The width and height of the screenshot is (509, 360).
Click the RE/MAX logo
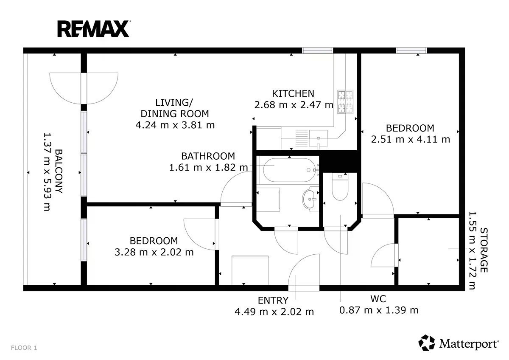tap(94, 29)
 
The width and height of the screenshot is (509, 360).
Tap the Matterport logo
tap(459, 343)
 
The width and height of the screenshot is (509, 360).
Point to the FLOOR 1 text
tap(24, 348)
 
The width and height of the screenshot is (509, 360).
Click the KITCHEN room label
tap(293, 93)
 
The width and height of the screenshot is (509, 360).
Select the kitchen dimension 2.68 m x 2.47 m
tap(294, 105)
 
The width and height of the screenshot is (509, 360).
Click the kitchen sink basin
tap(319, 138)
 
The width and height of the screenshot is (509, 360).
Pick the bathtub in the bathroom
tap(288, 170)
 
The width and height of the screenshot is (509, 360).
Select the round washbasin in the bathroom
tap(310, 199)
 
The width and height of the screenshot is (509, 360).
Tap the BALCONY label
tap(59, 171)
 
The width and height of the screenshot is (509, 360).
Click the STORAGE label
tap(484, 250)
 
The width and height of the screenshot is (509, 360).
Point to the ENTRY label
tap(273, 301)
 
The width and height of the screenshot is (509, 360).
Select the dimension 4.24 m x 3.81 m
tap(175, 125)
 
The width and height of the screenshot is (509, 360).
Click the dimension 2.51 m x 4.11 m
tap(411, 139)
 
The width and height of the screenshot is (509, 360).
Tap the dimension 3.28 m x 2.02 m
tap(154, 252)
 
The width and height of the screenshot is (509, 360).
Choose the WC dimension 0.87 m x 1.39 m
tap(379, 310)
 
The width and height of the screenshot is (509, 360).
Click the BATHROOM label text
tap(208, 156)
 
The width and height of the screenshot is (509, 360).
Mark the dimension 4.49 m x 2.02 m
tap(274, 312)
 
